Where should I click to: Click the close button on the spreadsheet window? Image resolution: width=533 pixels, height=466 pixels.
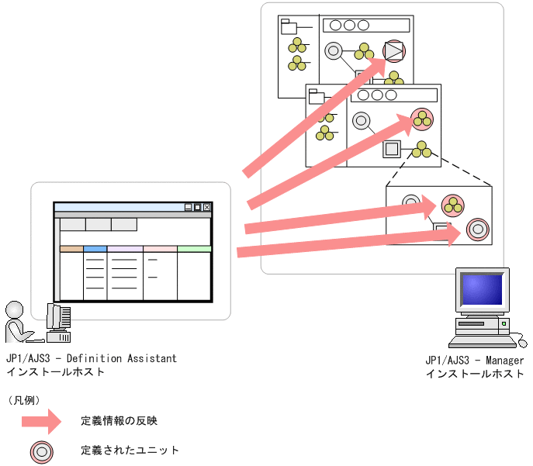coord(206,208)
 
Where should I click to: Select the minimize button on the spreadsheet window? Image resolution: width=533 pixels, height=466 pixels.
coord(188,208)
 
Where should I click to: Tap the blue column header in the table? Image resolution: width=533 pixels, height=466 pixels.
coord(95,249)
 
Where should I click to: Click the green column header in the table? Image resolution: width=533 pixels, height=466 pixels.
coord(194,249)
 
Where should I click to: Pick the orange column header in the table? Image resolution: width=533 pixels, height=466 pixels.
coord(71,249)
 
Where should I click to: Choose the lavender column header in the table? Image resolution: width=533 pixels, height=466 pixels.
coord(125,249)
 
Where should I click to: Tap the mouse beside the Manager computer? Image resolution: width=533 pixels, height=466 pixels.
coord(522,343)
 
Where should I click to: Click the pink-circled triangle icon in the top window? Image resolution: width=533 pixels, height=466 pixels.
coord(394,51)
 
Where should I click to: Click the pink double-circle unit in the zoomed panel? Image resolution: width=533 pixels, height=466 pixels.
coord(477,230)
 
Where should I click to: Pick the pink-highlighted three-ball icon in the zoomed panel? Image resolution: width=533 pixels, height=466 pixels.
coord(452,205)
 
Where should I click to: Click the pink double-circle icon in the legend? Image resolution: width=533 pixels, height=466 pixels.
coord(40,450)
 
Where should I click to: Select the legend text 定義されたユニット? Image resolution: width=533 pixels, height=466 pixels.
coord(130,450)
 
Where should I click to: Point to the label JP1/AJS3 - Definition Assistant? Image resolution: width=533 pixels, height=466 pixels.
coord(91,359)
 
